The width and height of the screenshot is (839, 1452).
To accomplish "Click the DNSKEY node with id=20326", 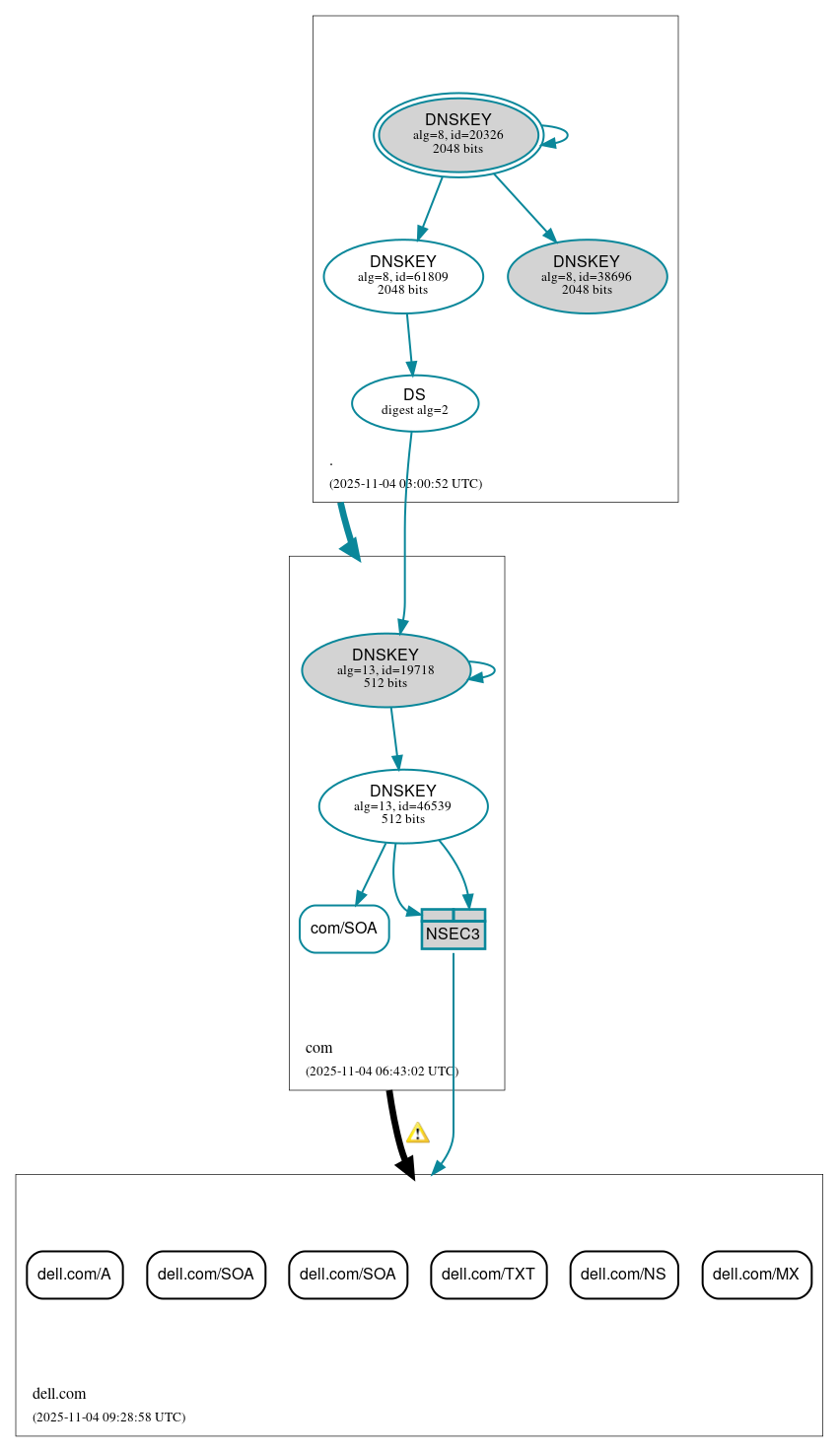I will [458, 135].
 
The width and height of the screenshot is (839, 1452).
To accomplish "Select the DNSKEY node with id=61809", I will [403, 277].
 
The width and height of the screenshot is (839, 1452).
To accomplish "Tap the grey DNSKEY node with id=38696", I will [587, 277].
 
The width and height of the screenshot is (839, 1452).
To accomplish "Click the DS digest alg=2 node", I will [415, 403].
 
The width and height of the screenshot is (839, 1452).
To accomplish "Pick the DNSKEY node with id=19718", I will [385, 670].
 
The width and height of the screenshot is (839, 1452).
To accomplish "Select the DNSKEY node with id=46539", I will [403, 806].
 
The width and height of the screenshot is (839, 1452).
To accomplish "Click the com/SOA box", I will [344, 929].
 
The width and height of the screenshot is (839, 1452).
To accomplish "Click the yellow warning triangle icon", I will [418, 1133].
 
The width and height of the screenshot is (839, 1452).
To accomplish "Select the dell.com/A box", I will [75, 1275].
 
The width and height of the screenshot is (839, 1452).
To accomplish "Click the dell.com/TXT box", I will [488, 1275].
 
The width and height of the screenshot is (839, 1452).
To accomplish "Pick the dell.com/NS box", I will [623, 1275].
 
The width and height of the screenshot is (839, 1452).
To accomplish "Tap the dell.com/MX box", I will [756, 1275].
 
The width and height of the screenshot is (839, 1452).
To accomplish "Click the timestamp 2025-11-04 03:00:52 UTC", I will [405, 484].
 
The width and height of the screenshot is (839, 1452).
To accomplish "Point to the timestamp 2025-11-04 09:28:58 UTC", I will [108, 1417].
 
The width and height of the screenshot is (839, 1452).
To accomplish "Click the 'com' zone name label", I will [318, 1048].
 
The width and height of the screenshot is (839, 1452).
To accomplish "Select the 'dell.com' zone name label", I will [59, 1394].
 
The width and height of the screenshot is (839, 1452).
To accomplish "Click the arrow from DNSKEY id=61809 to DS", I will [410, 345].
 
